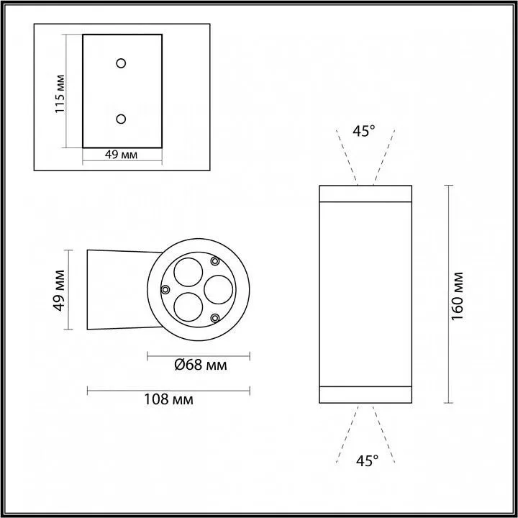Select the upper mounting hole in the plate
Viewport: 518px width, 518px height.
point(122,63)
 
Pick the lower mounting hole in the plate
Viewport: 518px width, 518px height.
point(122,119)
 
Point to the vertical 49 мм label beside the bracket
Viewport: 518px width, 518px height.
point(60,290)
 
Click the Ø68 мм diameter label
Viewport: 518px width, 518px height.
point(200,365)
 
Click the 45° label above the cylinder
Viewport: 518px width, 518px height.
point(364,131)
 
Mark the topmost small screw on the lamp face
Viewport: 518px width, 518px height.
point(214,261)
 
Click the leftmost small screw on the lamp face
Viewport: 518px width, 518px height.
point(165,289)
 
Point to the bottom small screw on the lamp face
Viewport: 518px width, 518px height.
point(214,317)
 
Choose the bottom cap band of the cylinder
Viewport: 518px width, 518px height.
point(365,395)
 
